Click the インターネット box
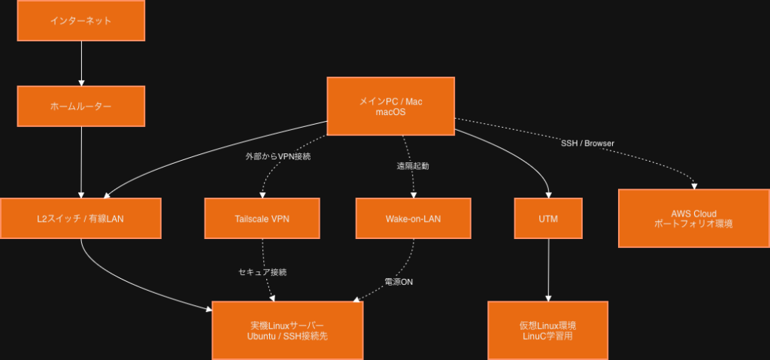pyautogui.click(x=80, y=20)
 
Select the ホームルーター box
pyautogui.click(x=80, y=106)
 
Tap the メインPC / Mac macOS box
pyautogui.click(x=390, y=106)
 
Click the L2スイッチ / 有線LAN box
pyautogui.click(x=80, y=219)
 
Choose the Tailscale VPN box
pyautogui.click(x=262, y=219)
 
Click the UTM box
pyautogui.click(x=548, y=219)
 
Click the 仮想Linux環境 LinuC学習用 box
pyautogui.click(x=547, y=330)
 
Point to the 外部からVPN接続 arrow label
pyautogui.click(x=278, y=157)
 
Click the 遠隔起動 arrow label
pyautogui.click(x=413, y=165)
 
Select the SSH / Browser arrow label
pyautogui.click(x=587, y=143)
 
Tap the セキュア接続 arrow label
pyautogui.click(x=262, y=271)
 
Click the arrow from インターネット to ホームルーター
pyautogui.click(x=80, y=63)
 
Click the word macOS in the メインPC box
pyautogui.click(x=390, y=112)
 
